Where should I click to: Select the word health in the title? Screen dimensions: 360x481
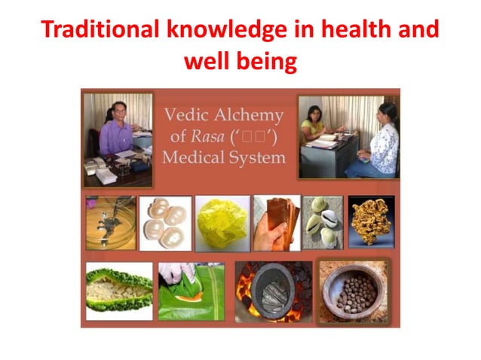(x=339, y=29)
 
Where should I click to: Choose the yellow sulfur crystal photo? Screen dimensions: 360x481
(x=222, y=223)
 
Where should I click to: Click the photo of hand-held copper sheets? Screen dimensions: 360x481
(x=276, y=223)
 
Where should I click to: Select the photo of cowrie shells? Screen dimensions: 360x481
(x=323, y=223)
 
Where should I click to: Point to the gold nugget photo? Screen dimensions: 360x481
(x=370, y=221)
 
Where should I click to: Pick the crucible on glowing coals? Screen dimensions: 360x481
(x=272, y=291)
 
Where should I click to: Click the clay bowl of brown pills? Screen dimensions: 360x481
(x=353, y=289)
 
